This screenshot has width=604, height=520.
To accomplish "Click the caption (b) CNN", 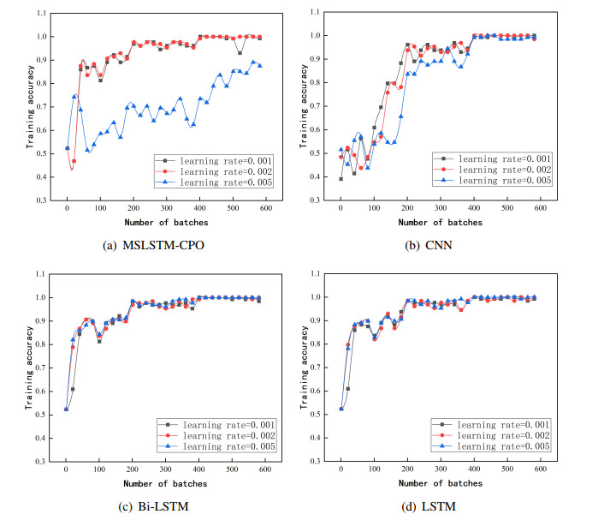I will [x=429, y=246].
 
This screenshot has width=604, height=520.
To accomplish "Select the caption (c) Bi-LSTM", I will [x=154, y=505].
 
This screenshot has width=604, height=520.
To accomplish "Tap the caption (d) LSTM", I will [x=429, y=505].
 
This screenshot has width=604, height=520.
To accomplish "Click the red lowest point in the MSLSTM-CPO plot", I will [x=74, y=161].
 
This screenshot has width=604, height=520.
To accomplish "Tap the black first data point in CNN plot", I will [x=340, y=178].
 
